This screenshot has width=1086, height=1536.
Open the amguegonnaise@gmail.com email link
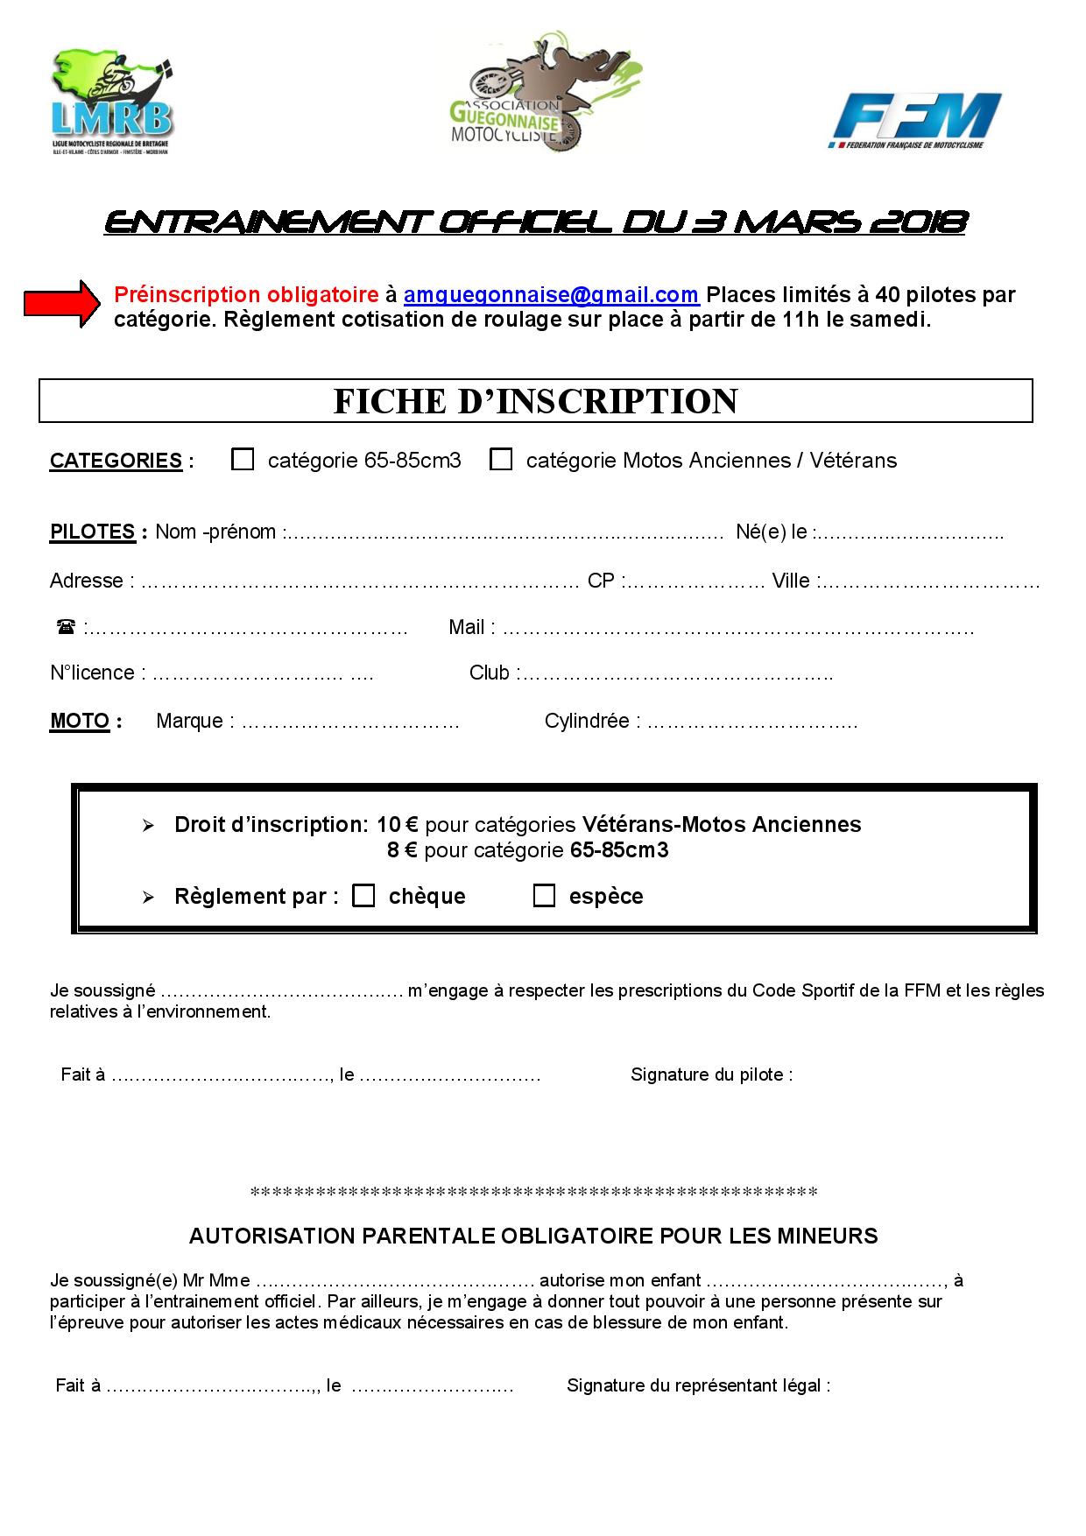[550, 295]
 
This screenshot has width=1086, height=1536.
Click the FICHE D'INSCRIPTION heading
[535, 401]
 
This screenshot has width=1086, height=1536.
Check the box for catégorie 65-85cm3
[243, 460]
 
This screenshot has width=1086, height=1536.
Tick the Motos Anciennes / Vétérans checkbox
[501, 460]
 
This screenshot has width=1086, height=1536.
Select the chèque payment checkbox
[363, 896]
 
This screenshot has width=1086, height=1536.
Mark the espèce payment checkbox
[544, 896]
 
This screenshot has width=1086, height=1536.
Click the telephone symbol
[66, 627]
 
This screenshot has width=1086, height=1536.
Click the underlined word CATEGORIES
[116, 461]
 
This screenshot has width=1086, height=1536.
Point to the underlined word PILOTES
[92, 532]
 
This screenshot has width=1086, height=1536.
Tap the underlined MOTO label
[80, 722]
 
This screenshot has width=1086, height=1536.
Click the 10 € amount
[398, 825]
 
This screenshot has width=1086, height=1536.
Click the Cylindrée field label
[587, 722]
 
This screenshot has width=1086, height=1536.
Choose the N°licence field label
[93, 673]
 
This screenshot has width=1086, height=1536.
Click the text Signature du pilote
[710, 1074]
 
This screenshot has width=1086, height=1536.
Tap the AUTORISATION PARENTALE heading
[533, 1236]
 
